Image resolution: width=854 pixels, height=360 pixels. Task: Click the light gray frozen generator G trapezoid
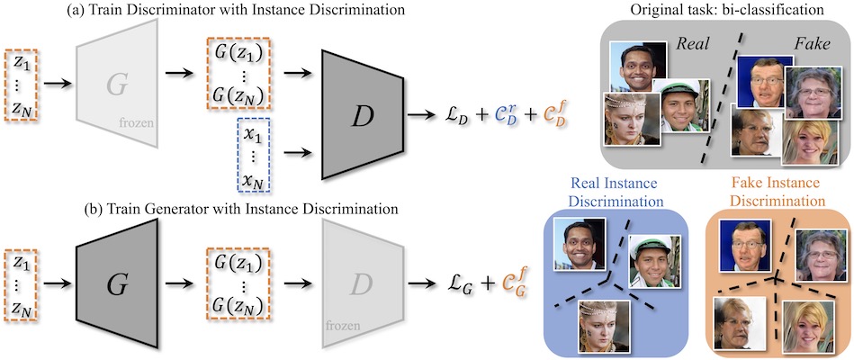click(x=117, y=84)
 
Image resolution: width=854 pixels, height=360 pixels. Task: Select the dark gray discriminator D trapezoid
click(x=362, y=115)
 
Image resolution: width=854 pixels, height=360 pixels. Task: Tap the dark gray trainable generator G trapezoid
click(x=117, y=283)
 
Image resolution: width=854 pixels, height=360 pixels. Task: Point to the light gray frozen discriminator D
click(x=362, y=283)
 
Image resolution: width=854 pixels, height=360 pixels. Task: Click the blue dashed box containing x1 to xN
click(x=255, y=155)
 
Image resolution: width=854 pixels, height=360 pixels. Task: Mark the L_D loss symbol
click(x=455, y=117)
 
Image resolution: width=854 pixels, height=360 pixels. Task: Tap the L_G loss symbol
click(x=455, y=284)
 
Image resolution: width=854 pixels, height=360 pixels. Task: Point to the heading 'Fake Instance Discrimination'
click(x=777, y=192)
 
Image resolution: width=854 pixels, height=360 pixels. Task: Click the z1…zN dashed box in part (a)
click(x=21, y=84)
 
